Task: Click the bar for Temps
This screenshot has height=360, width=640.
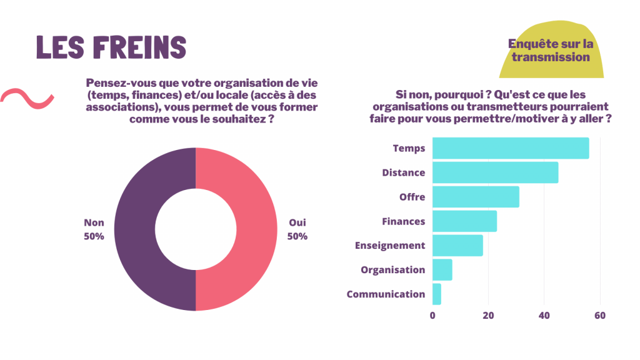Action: (511, 148)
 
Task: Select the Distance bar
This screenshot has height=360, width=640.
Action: (495, 172)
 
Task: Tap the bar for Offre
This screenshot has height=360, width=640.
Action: (476, 197)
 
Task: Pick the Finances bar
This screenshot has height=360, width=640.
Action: (464, 221)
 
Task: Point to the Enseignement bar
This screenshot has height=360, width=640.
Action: (457, 246)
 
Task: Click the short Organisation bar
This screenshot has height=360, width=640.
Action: (442, 270)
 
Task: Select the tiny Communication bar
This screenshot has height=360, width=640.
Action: (437, 294)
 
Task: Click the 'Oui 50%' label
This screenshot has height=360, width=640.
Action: (297, 229)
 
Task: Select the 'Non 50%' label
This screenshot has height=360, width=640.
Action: (94, 229)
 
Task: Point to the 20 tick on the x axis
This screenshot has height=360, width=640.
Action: (489, 316)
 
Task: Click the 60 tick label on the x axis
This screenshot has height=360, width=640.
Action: (600, 316)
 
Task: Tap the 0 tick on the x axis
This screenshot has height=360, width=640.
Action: (432, 316)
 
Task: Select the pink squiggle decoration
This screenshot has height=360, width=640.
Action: (26, 98)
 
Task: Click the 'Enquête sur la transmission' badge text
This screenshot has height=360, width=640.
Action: (550, 51)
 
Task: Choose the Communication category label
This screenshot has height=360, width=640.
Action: (386, 294)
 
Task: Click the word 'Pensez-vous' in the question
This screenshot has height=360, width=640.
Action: (117, 84)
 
